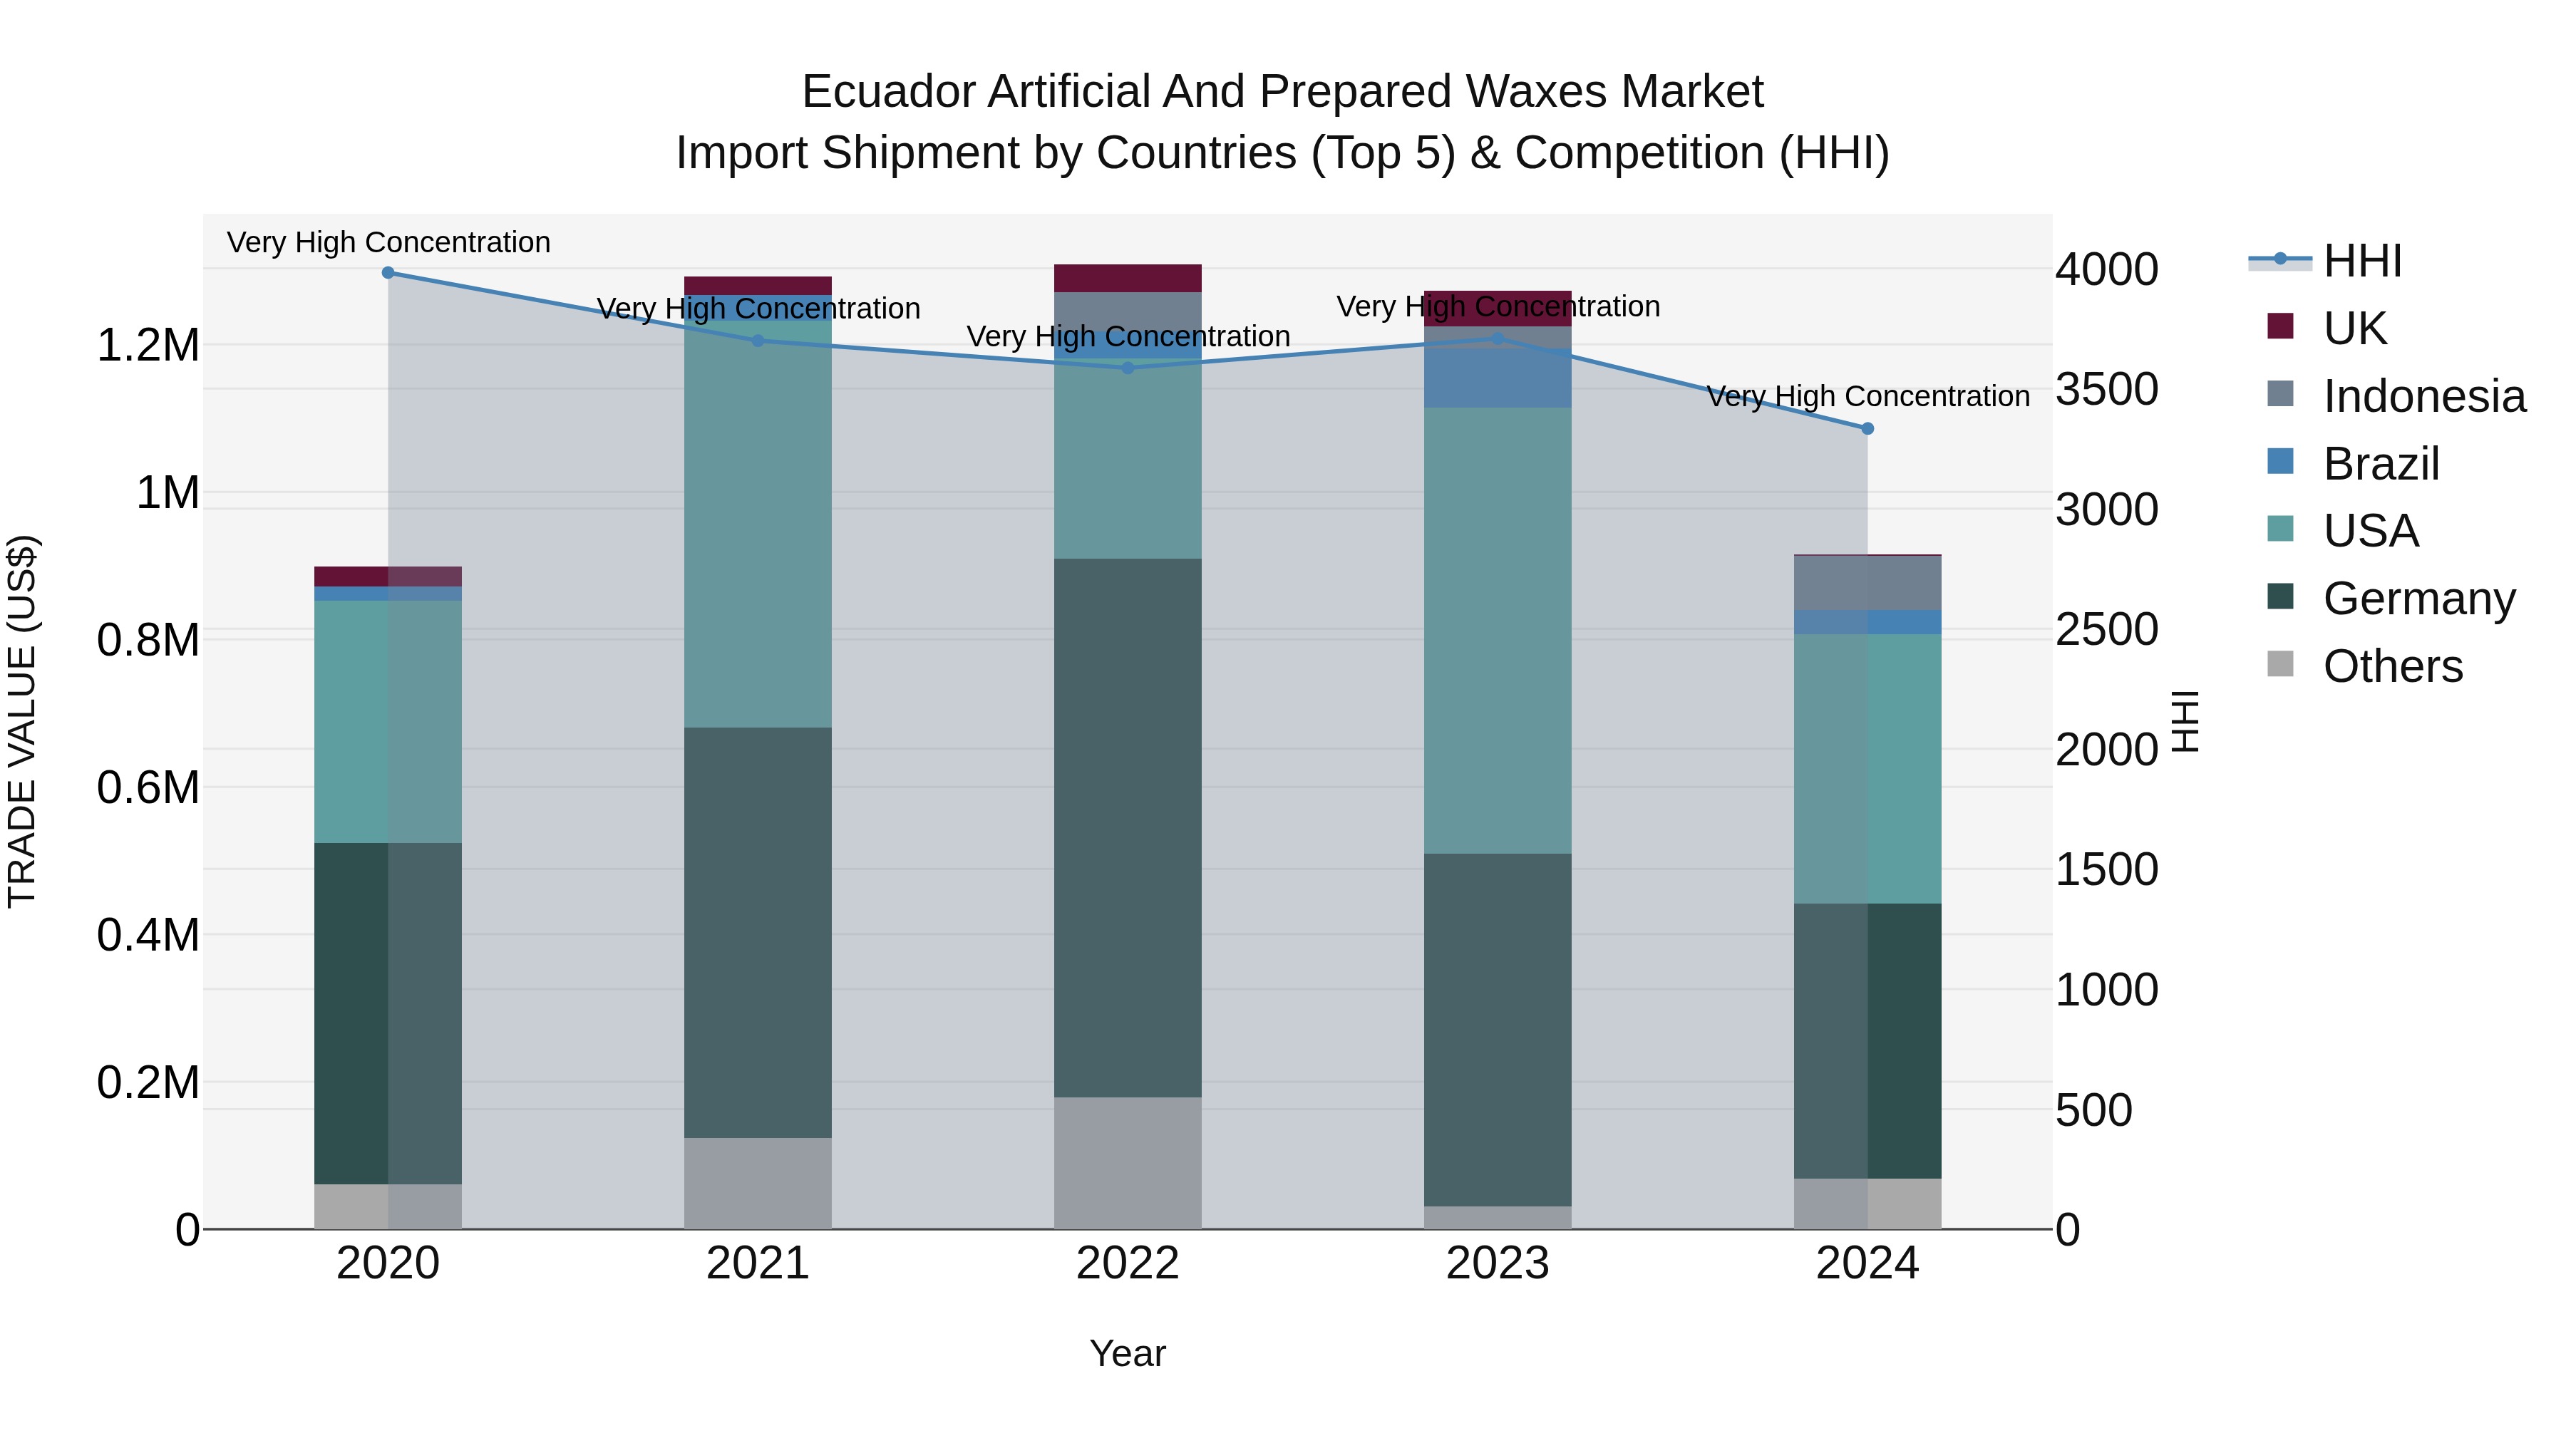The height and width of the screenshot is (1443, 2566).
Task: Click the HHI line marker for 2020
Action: [388, 273]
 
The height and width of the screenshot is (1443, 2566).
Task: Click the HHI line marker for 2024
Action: [1867, 429]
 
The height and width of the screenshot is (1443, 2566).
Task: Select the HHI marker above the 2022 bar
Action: [1128, 368]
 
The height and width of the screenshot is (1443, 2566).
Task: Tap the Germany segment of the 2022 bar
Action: [1128, 827]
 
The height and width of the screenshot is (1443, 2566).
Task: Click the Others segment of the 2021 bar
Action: [758, 1183]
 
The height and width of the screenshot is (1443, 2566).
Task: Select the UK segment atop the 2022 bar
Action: [1128, 278]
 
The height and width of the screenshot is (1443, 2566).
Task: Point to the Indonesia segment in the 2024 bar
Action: [1867, 583]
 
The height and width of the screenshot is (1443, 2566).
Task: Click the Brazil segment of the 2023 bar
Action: [1497, 378]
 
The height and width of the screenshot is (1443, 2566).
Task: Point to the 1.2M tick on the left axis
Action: [148, 346]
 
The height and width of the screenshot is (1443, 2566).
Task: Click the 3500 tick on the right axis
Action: [2107, 389]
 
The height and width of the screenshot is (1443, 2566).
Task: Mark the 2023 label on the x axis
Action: [1497, 1263]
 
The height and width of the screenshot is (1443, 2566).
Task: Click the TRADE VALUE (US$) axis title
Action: [23, 721]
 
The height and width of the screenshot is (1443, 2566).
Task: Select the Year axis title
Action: [1127, 1353]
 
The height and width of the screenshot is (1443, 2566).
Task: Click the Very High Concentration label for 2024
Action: [1867, 396]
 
